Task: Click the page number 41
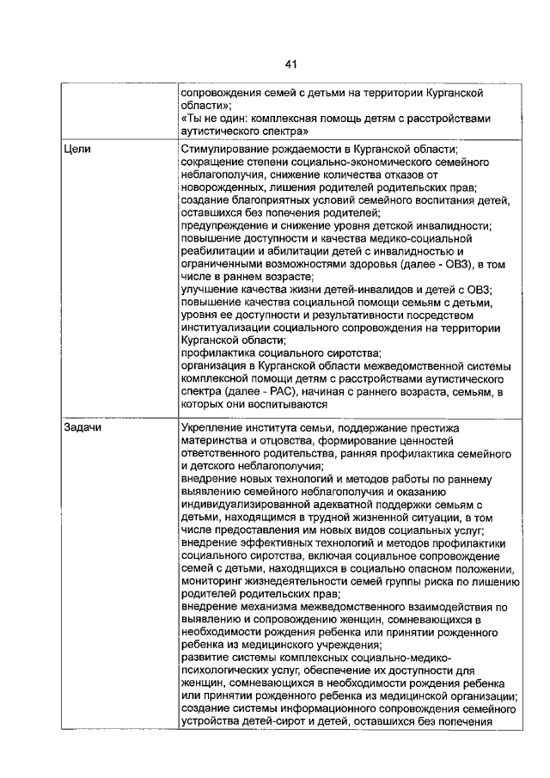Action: coord(290,64)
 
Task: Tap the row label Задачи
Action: coord(82,427)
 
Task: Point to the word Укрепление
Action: coord(214,427)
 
